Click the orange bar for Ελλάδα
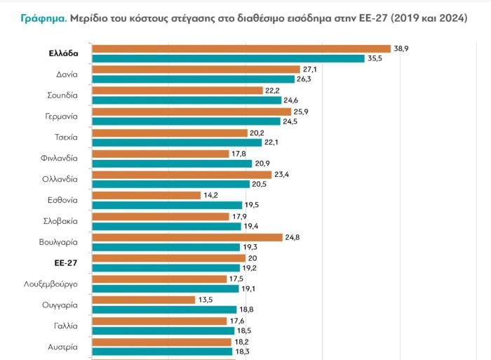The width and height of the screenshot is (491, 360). click(242, 48)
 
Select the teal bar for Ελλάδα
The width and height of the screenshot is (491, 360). click(228, 58)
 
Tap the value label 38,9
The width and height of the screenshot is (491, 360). click(402, 48)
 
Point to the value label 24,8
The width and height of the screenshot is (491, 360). click(292, 237)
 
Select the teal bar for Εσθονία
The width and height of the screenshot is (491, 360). click(167, 206)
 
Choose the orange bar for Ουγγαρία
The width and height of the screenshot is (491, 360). click(143, 300)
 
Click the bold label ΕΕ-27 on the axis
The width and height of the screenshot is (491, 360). click(65, 262)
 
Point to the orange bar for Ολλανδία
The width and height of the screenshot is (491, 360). click(182, 174)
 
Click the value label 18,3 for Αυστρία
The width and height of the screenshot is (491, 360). click(243, 352)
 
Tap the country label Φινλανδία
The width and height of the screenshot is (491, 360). click(59, 158)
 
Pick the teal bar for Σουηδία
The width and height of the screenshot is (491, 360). click(187, 100)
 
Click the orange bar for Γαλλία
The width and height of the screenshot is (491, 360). click(161, 321)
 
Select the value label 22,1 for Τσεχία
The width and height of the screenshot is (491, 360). click(271, 142)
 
